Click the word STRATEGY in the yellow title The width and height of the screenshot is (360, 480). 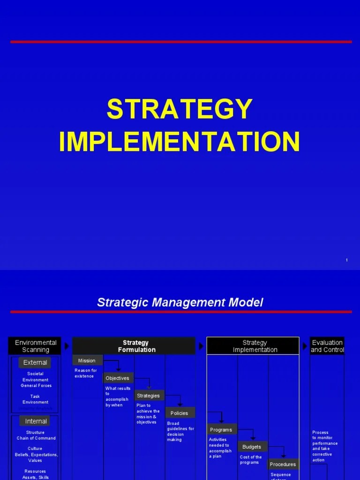(x=180, y=109)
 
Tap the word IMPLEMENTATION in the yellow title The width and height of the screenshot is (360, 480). (x=180, y=141)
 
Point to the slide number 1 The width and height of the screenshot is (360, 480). (x=346, y=260)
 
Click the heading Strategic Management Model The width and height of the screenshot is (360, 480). (x=180, y=302)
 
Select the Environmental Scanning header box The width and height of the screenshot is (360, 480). (x=36, y=346)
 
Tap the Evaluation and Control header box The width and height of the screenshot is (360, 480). (x=327, y=346)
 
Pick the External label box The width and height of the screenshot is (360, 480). (x=35, y=362)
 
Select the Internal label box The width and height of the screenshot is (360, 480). (x=36, y=421)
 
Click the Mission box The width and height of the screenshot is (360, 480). (x=87, y=360)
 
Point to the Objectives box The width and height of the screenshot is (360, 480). (x=118, y=378)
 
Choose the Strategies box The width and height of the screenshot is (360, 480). (x=149, y=396)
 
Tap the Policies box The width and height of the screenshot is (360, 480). (x=180, y=413)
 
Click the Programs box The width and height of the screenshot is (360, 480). (x=221, y=429)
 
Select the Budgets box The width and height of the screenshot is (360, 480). (x=252, y=447)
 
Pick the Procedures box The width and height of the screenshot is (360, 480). (x=283, y=464)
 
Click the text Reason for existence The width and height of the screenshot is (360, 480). (x=86, y=373)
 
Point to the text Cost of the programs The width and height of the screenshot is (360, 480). (x=251, y=460)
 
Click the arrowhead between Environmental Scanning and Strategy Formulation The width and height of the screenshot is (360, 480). (x=67, y=346)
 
